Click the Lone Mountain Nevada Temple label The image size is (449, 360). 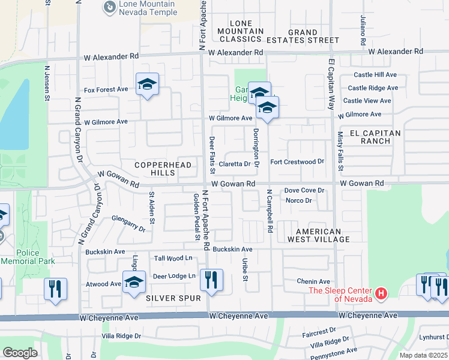tap(148, 8)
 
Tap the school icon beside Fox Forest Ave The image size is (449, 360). tap(147, 85)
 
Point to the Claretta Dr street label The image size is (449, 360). tap(234, 164)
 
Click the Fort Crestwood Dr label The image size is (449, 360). tap(297, 161)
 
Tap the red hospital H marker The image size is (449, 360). tap(381, 294)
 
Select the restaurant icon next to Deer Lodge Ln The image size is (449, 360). tap(211, 280)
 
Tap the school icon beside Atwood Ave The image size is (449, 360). tap(133, 282)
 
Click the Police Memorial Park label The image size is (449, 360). tap(28, 257)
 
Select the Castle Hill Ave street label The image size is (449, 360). tap(375, 74)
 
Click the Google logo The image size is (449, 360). tap(20, 353)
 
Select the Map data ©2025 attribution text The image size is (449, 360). tap(423, 355)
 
